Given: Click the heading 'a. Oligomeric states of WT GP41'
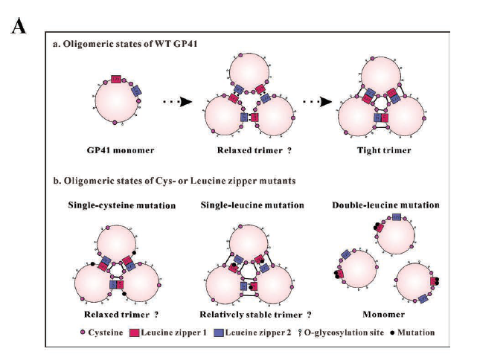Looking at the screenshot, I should (x=123, y=45).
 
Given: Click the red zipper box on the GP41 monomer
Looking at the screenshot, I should (x=115, y=79).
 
